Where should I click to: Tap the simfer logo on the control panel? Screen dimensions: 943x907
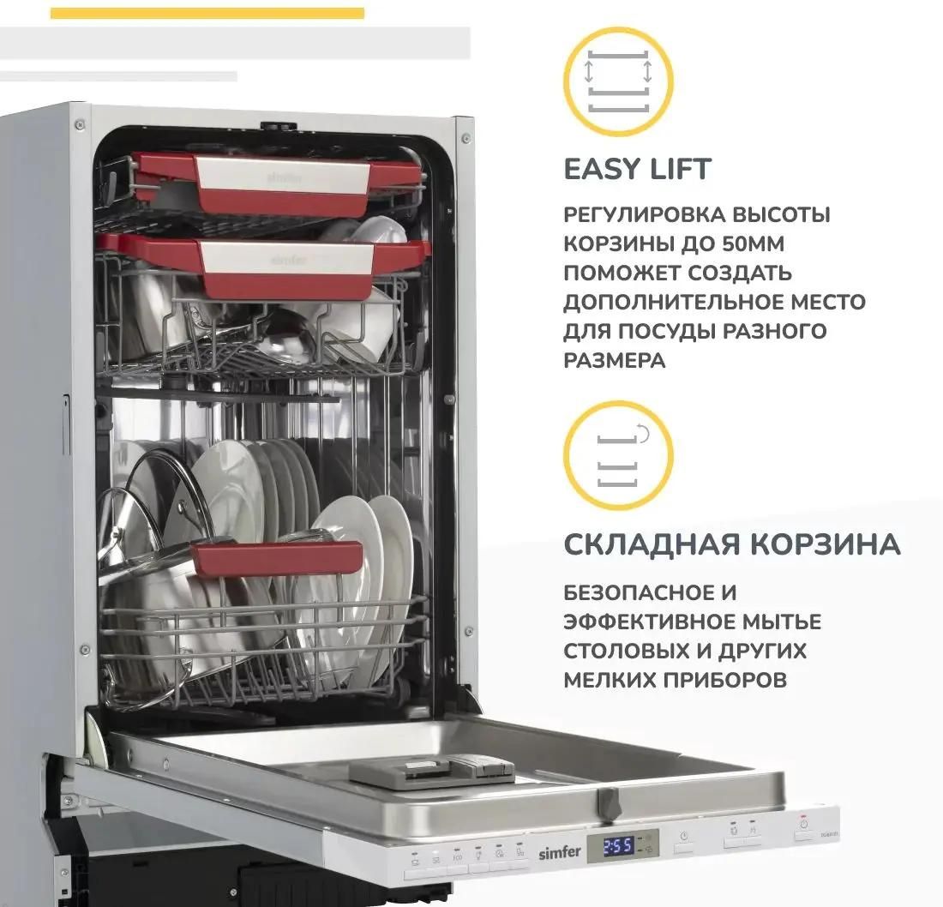[x=559, y=851]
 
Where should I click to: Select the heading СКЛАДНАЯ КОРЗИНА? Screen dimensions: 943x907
[x=732, y=544]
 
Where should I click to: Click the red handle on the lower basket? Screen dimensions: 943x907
[x=277, y=558]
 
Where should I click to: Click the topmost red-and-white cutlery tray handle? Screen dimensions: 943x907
[x=277, y=183]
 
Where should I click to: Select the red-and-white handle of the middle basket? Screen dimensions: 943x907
[x=265, y=265]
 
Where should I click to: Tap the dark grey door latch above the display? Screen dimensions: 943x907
[x=609, y=803]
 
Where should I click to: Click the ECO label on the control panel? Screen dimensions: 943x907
[x=458, y=857]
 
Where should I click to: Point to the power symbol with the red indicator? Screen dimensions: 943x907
[x=803, y=825]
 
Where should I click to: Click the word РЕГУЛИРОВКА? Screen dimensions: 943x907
[x=643, y=214]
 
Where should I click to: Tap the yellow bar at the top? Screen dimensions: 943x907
[x=207, y=13]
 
